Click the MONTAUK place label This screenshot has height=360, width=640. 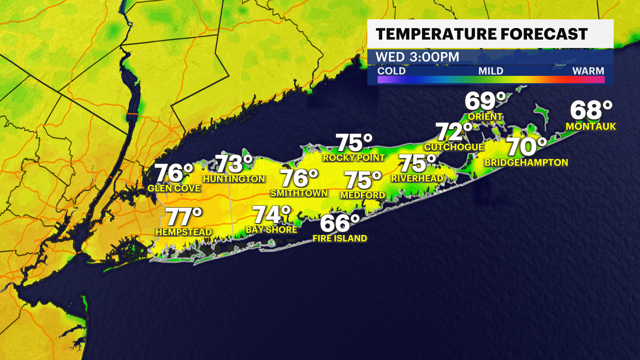click(591, 126)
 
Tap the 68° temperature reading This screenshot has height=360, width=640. click(591, 110)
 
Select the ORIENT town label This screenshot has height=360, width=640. click(485, 117)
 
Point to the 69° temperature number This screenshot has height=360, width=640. click(485, 101)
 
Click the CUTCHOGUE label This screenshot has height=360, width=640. click(454, 147)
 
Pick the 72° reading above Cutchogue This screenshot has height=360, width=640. click(454, 132)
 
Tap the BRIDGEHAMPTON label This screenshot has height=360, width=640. click(526, 163)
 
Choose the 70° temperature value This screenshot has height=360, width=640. click(526, 147)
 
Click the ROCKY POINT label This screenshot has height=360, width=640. click(354, 158)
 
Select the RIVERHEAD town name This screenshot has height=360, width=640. click(417, 178)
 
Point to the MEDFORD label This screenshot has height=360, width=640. click(363, 195)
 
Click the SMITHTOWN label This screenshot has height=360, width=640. click(299, 193)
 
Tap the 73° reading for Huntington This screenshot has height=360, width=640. click(234, 164)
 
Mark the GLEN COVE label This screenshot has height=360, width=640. click(174, 188)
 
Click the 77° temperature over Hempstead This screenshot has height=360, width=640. click(184, 217)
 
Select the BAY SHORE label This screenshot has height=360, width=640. click(271, 230)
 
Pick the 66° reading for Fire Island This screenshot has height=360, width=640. click(340, 223)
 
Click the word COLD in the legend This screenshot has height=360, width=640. click(391, 71)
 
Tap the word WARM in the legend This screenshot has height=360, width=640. click(588, 71)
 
